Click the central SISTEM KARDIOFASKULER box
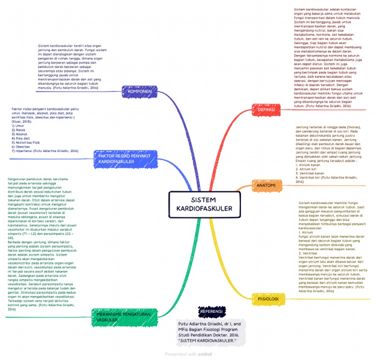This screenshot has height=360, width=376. pyautogui.click(x=205, y=204)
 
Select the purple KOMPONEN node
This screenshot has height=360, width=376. pyautogui.click(x=140, y=92)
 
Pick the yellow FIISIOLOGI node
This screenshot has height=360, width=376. pyautogui.click(x=268, y=298)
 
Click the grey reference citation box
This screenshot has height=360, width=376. pyautogui.click(x=209, y=332)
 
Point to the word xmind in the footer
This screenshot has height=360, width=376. pyautogui.click(x=205, y=354)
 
